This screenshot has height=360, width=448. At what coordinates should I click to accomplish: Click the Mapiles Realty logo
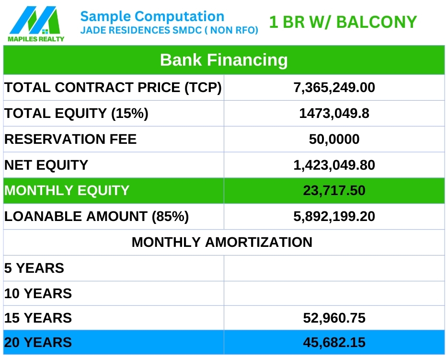[36, 24]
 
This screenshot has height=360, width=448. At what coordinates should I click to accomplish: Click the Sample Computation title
[152, 16]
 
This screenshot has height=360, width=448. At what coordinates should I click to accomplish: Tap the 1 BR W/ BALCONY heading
[343, 22]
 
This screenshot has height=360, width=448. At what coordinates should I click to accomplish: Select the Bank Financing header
[224, 60]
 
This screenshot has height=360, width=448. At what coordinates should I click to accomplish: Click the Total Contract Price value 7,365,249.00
[334, 88]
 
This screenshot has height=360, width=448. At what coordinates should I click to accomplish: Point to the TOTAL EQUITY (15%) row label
[76, 113]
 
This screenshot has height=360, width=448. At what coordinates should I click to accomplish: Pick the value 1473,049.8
[334, 114]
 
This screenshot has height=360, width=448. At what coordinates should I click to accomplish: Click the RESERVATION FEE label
[70, 139]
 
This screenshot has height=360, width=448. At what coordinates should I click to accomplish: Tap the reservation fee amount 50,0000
[334, 139]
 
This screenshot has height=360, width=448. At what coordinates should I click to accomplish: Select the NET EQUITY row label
[46, 165]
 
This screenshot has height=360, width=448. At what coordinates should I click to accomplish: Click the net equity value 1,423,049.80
[334, 165]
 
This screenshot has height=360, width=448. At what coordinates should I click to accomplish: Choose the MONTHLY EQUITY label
[67, 190]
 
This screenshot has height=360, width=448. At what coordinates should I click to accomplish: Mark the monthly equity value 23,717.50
[334, 191]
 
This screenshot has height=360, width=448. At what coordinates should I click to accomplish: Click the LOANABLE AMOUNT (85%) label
[97, 217]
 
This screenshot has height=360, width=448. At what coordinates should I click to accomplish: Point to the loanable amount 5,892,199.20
[334, 217]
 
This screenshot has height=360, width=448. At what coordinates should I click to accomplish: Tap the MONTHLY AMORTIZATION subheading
[222, 242]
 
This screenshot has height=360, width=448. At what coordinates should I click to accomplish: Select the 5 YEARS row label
[34, 268]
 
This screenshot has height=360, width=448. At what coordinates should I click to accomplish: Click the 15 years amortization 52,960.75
[334, 318]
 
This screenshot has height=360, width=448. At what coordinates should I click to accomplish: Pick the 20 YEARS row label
[38, 342]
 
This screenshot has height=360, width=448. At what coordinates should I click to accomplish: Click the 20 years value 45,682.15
[334, 343]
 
